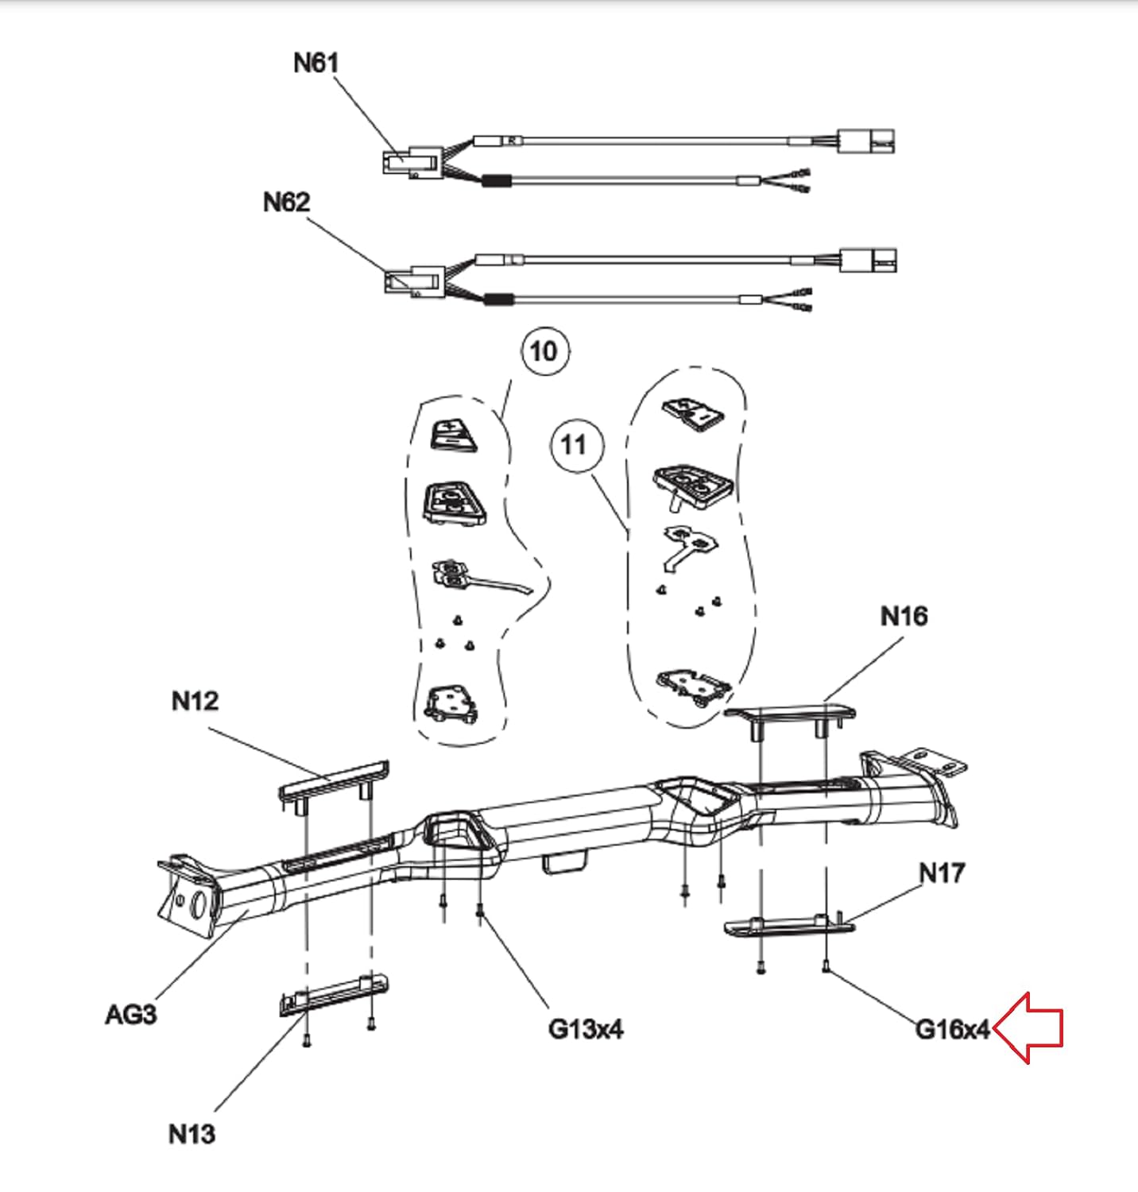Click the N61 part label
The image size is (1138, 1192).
316,62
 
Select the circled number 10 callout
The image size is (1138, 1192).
544,350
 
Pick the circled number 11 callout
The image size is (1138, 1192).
575,444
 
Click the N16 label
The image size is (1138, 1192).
904,616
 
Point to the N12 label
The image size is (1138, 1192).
195,701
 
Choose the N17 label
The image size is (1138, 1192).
942,873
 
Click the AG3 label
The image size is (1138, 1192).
131,1014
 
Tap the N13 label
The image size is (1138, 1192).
192,1133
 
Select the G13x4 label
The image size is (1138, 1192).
586,1029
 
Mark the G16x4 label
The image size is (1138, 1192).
953,1029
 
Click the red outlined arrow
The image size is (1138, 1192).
1028,1028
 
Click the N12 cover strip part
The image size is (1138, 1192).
334,780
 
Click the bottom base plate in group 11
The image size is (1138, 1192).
693,684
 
